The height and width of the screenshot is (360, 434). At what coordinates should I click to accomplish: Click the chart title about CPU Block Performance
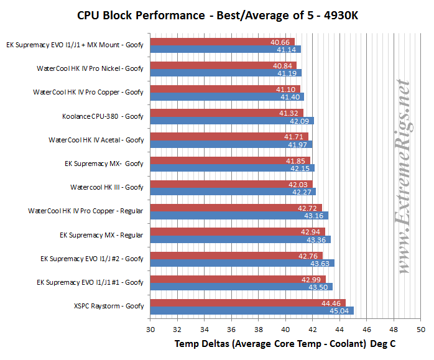[218, 14]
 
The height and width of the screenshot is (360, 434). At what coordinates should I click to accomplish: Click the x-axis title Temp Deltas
[285, 343]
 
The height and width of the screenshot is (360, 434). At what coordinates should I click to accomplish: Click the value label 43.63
[320, 263]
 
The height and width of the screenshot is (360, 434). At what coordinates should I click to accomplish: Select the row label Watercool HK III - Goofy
[106, 187]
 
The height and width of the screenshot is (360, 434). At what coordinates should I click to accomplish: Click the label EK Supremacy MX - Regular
[101, 234]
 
